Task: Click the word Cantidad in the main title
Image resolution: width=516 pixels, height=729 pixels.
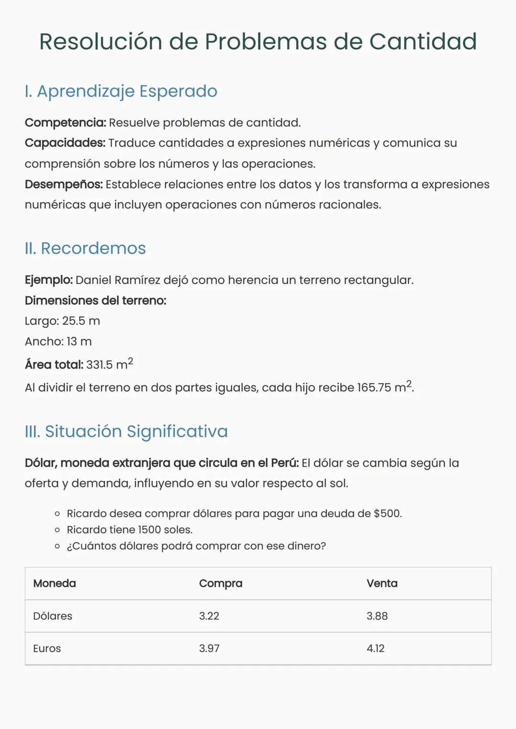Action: coord(423,42)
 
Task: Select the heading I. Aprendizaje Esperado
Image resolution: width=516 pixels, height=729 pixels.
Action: coord(121,91)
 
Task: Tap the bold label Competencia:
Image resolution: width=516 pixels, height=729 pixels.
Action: coord(65,123)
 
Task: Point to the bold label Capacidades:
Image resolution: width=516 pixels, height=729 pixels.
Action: coord(65,143)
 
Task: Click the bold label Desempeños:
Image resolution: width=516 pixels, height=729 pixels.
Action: coord(64,184)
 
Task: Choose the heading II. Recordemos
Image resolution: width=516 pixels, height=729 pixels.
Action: coord(85,248)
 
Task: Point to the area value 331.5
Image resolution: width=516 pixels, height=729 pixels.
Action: coord(99,365)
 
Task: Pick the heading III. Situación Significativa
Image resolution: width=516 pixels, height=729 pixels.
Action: coord(126,431)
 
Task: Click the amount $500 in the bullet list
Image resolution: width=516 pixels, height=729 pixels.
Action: coord(387,514)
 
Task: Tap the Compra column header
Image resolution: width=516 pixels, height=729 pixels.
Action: coord(220,583)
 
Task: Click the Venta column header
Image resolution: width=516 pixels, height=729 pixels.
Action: coord(382,583)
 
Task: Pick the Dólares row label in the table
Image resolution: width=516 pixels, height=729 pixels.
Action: coord(53,616)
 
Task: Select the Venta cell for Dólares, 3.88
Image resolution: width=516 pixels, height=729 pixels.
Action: coord(377,616)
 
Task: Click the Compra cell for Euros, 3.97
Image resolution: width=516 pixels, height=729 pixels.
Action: coord(209,648)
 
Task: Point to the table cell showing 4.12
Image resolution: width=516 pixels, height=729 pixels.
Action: coord(376,648)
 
